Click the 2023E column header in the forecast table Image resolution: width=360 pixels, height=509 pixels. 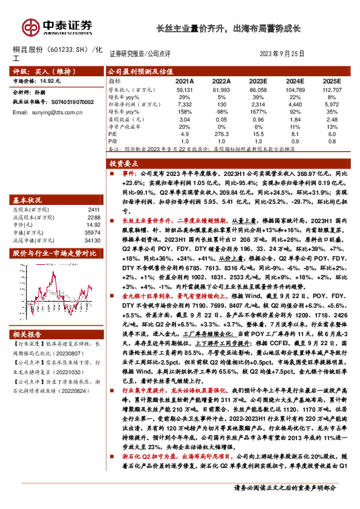click(258, 80)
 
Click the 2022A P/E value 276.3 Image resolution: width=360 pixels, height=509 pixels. click(221, 135)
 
